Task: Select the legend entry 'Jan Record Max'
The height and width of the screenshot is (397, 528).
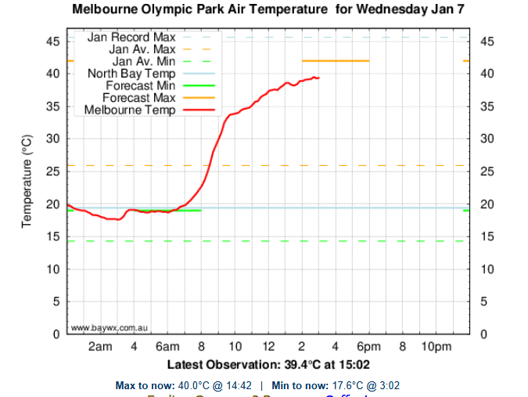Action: click(x=131, y=37)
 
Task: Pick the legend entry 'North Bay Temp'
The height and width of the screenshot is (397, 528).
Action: click(x=131, y=74)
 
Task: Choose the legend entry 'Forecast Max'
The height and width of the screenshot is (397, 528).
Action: click(x=139, y=98)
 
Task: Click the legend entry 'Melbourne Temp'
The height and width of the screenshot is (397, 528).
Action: click(x=129, y=110)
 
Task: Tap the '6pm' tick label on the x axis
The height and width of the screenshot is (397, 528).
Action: click(x=368, y=347)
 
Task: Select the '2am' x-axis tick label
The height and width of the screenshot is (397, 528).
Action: click(x=100, y=347)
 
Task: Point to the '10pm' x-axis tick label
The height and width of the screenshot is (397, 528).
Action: click(x=436, y=347)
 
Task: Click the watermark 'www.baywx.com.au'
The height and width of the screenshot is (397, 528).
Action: click(x=110, y=327)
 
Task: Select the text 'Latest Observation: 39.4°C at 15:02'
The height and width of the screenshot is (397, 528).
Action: click(x=268, y=365)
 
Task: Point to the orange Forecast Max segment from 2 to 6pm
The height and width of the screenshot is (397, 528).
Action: click(x=336, y=60)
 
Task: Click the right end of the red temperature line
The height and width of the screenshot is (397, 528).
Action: click(x=318, y=78)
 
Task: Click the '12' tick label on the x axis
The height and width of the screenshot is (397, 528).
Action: click(x=268, y=347)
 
